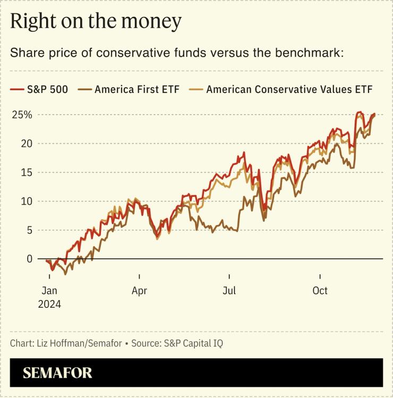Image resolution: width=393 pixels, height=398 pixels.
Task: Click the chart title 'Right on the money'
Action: pyautogui.click(x=96, y=22)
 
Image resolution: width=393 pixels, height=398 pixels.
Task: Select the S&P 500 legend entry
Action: pyautogui.click(x=47, y=90)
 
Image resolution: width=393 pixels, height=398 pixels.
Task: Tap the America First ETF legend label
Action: pyautogui.click(x=137, y=90)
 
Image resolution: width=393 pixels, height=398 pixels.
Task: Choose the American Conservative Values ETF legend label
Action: pyautogui.click(x=289, y=90)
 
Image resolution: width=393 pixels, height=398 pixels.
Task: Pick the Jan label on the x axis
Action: pyautogui.click(x=49, y=291)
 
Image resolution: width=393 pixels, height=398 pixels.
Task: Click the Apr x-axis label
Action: pyautogui.click(x=139, y=291)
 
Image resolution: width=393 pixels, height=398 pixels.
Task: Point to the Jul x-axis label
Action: pyautogui.click(x=229, y=291)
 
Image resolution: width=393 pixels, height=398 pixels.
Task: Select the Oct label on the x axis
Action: pyautogui.click(x=320, y=291)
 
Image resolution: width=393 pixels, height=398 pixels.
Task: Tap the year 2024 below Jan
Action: pyautogui.click(x=49, y=305)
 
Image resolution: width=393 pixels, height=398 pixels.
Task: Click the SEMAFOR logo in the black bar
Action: pyautogui.click(x=57, y=373)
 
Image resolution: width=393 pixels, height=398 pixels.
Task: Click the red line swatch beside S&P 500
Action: pyautogui.click(x=17, y=90)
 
